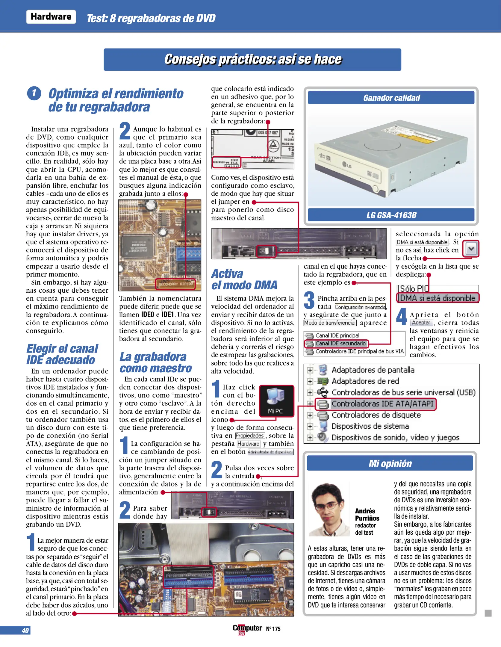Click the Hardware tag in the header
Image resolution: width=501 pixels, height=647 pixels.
click(51, 17)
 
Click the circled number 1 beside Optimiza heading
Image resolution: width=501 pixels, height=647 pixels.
click(34, 93)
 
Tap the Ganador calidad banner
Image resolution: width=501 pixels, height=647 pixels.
click(391, 98)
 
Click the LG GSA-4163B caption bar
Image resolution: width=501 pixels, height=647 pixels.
click(391, 215)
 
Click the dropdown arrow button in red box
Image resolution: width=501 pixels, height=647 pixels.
click(471, 249)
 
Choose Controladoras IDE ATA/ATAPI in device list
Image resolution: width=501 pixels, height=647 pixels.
click(382, 404)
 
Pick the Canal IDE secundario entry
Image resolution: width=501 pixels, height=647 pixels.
click(340, 344)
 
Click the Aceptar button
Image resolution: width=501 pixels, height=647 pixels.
click(421, 323)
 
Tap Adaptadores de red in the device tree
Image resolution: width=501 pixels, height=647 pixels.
click(365, 381)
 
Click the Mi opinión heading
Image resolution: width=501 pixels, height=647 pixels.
click(390, 463)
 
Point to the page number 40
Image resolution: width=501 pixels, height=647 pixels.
click(25, 631)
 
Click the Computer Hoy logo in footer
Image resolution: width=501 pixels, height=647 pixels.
click(247, 629)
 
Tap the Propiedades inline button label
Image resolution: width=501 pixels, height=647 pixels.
click(250, 436)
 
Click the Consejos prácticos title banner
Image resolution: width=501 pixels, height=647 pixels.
click(252, 59)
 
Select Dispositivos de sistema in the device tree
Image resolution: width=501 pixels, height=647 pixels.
click(370, 426)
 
